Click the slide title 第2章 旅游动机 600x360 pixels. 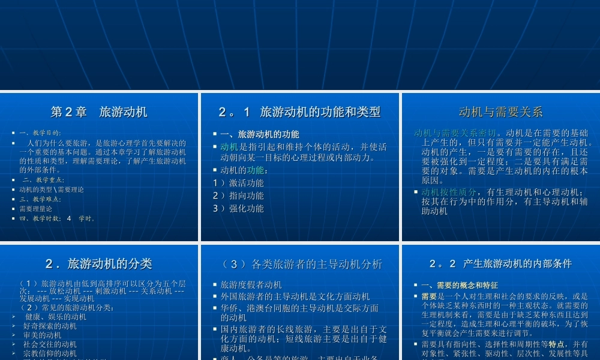(x=99, y=112)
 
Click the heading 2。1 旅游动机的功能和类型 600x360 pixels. (x=299, y=112)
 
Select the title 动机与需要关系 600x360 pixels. (x=500, y=112)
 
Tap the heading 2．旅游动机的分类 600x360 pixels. (x=99, y=263)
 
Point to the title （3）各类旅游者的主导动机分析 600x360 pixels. (x=299, y=264)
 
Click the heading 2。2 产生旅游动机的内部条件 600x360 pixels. (x=500, y=263)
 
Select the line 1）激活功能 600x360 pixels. (x=238, y=183)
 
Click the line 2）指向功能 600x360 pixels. (x=238, y=196)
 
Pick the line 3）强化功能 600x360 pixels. (x=238, y=209)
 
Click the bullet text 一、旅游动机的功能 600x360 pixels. (x=259, y=134)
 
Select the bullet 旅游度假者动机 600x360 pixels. (x=251, y=284)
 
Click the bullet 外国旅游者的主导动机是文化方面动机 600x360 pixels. (x=295, y=296)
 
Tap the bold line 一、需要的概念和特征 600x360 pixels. (x=460, y=286)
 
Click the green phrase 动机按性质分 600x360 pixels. (x=449, y=192)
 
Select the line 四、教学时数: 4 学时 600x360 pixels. (x=57, y=218)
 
